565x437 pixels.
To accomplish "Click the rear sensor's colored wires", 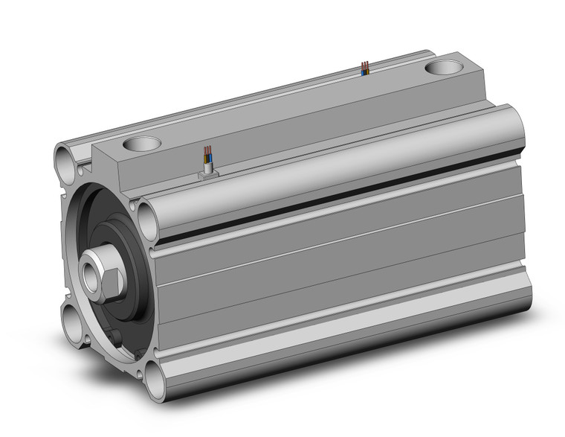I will (364, 69).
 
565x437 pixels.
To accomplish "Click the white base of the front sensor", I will (208, 173).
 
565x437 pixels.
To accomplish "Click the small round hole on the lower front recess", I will (117, 340).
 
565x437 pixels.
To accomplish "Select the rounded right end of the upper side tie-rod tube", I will (515, 130).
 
